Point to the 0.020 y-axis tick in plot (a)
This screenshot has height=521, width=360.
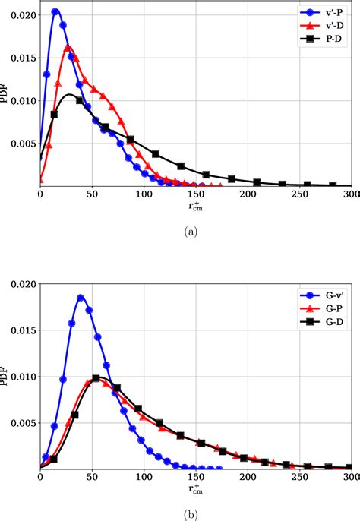click(23, 15)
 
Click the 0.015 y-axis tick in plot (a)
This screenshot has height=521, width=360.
click(23, 58)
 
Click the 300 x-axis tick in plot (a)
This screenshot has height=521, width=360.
click(350, 194)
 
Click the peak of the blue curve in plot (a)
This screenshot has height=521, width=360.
click(55, 11)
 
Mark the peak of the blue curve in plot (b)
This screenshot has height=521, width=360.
click(81, 297)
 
